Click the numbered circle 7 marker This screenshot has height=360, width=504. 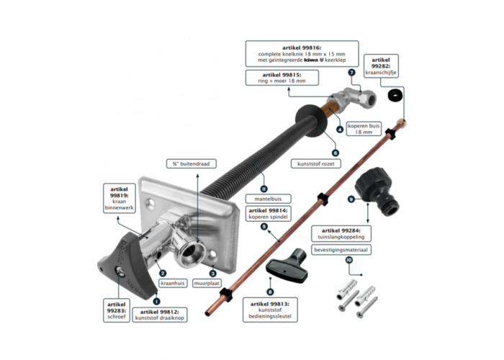pyautogui.click(x=351, y=73)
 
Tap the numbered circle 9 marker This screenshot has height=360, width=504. pyautogui.click(x=351, y=198)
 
